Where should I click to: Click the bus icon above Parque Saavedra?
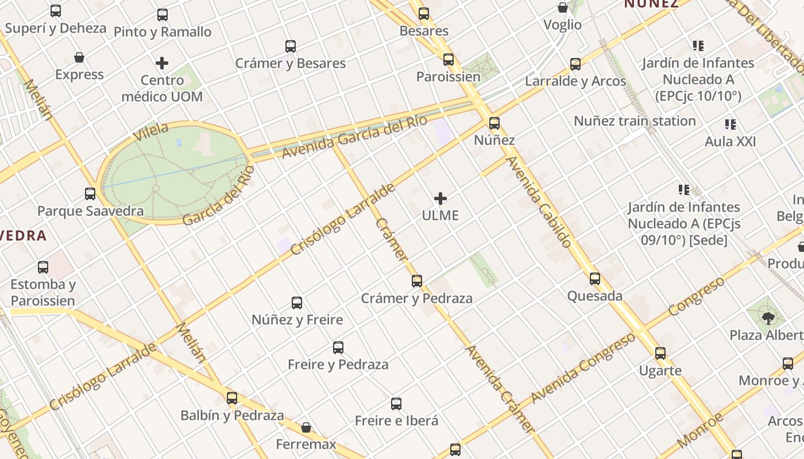point(90,194)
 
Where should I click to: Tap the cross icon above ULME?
point(440,199)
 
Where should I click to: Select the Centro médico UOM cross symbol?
point(162,63)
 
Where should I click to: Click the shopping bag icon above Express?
point(79,58)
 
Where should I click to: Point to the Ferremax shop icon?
point(306,427)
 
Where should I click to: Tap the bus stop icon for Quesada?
point(595,279)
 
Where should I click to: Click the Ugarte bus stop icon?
point(660,353)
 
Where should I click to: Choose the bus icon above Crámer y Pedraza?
point(417,281)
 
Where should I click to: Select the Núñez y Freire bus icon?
point(297,303)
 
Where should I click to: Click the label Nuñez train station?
point(635,121)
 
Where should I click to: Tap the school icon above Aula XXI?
point(730,125)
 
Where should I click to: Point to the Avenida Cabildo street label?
point(539,202)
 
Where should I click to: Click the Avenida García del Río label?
point(354,137)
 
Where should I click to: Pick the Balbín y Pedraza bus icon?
point(232,398)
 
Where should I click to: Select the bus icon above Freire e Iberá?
point(396,404)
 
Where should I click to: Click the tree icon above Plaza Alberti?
point(768,318)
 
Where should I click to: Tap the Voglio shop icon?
point(563,8)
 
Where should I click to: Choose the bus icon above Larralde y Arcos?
point(575,64)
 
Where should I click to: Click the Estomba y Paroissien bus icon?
point(43,267)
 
